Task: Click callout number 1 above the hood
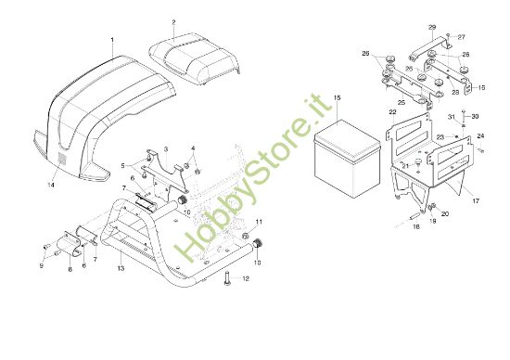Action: coord(112,40)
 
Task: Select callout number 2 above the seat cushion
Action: coord(173,20)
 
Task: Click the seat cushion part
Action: coord(197,56)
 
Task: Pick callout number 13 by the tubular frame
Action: coord(121,268)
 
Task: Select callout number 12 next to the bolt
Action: coord(245,277)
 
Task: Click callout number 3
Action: coord(165,148)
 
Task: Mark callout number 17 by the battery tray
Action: coord(475,199)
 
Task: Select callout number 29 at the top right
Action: coord(432,28)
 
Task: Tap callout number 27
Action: coord(463,36)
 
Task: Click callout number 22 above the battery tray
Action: coord(393,111)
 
